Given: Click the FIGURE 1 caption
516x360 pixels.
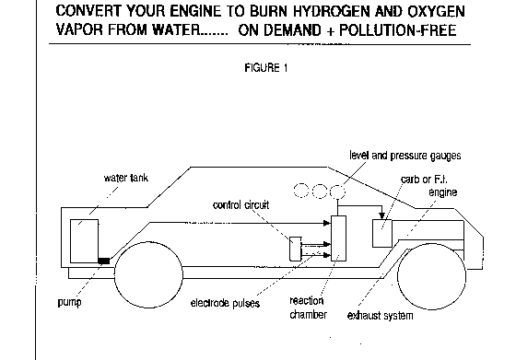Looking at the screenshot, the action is tap(266, 68).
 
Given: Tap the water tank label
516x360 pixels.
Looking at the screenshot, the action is tap(126, 178).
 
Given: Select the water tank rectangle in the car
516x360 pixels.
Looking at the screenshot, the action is tap(84, 241).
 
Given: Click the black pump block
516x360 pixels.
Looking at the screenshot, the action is tap(104, 261).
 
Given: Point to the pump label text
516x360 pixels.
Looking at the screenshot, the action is tap(69, 302).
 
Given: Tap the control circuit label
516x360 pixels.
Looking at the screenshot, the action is tap(240, 205).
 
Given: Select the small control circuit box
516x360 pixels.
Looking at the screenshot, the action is tap(296, 249).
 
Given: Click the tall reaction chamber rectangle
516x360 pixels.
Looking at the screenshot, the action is tap(338, 238).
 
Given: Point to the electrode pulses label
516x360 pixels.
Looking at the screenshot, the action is tap(225, 303).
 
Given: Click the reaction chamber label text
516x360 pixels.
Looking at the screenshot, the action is tap(308, 308).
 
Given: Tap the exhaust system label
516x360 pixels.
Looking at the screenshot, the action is tap(380, 316).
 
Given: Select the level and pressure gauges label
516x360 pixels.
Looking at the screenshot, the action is tap(405, 156).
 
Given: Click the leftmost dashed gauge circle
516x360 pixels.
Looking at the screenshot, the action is tap(300, 191).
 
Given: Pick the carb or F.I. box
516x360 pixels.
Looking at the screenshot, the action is tap(382, 234).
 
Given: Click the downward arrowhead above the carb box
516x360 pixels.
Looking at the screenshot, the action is tap(381, 216).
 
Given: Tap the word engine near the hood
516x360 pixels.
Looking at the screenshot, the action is tap(443, 192).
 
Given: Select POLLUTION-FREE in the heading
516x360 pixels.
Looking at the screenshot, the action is tap(397, 30).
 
